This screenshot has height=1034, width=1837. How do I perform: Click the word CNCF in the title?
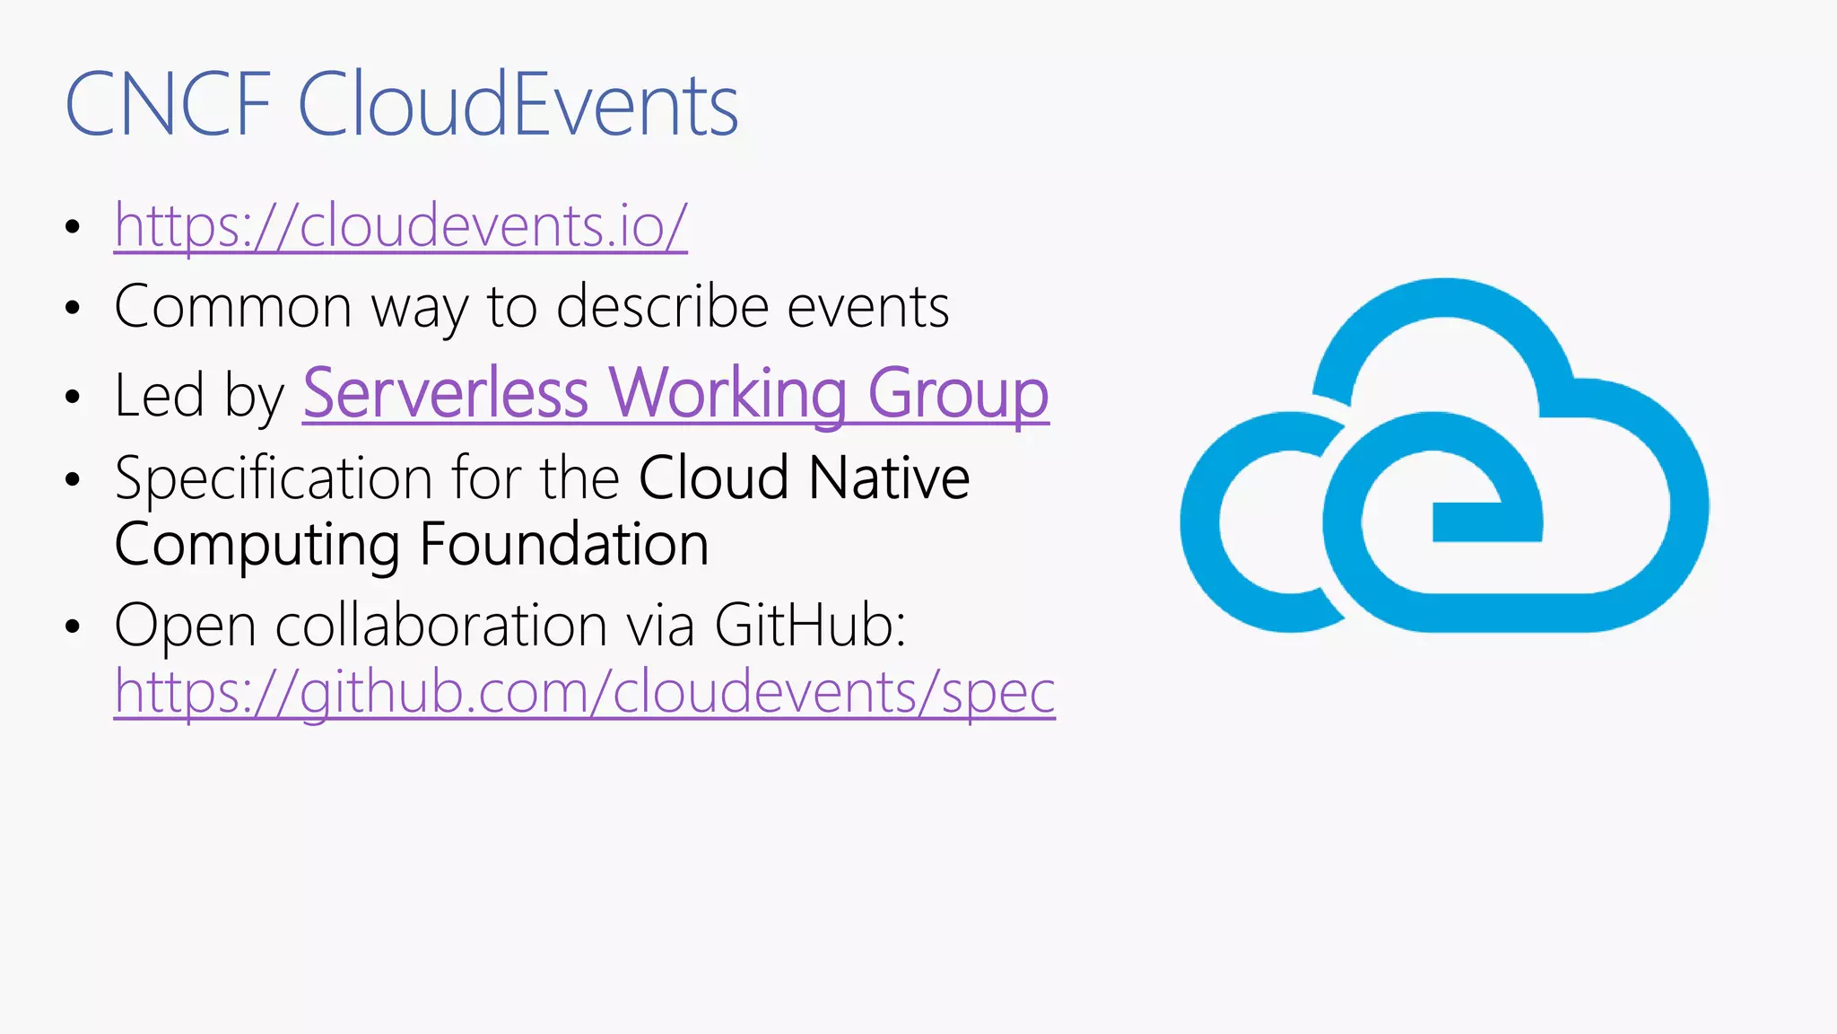168,106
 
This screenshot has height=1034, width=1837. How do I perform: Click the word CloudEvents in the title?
518,106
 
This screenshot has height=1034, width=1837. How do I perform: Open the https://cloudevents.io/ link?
400,225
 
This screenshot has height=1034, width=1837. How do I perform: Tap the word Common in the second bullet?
233,307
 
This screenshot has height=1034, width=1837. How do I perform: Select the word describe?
662,307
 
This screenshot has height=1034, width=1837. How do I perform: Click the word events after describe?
867,307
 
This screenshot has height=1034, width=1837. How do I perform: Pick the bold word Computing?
257,545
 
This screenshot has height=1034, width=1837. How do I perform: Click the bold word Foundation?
563,545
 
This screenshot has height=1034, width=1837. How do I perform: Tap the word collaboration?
441,625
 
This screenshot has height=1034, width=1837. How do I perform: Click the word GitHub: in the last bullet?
809,625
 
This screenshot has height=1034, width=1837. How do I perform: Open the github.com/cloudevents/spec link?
584,692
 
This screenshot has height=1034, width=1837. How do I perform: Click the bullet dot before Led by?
73,397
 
